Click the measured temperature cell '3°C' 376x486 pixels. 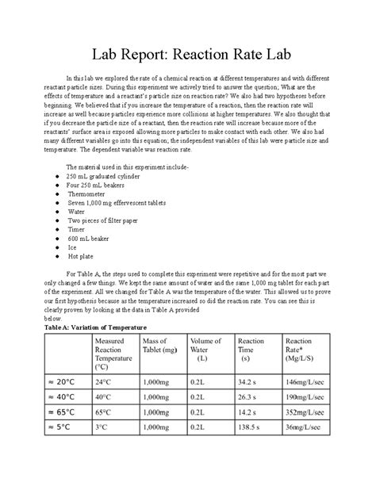[x=102, y=428]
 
